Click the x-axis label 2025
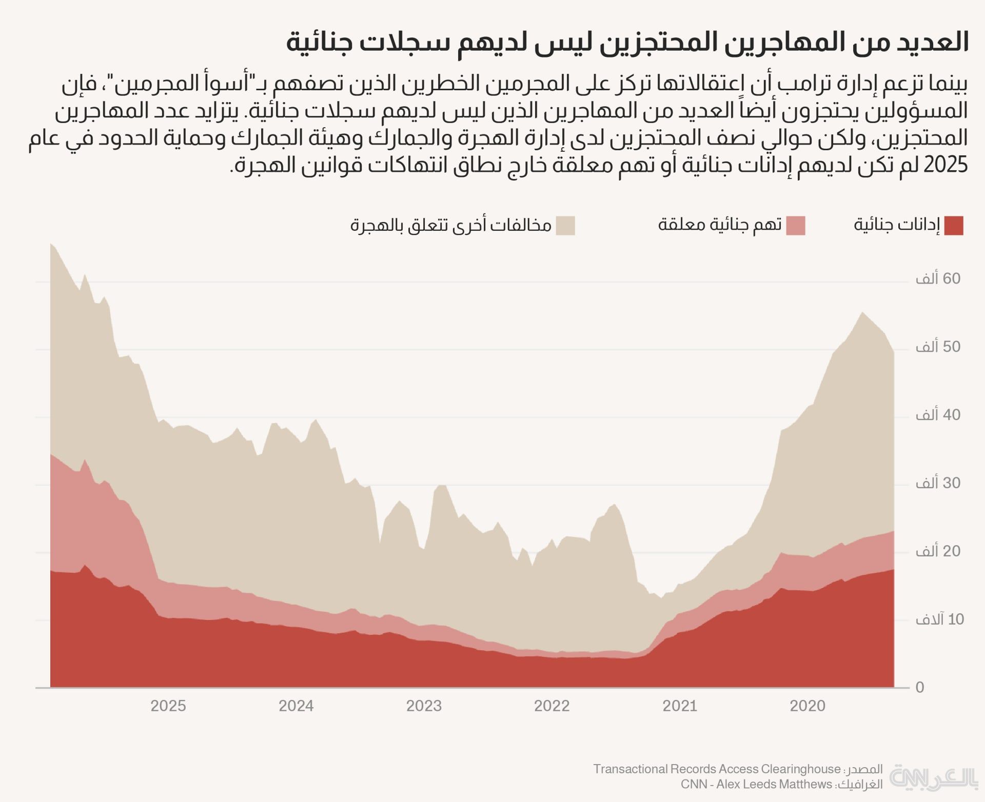(x=168, y=706)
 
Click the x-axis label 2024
(x=296, y=706)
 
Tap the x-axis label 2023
(x=424, y=706)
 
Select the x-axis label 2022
(x=552, y=706)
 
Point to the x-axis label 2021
(x=680, y=706)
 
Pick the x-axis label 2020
(x=807, y=706)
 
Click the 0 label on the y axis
(x=920, y=688)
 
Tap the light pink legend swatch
(x=796, y=226)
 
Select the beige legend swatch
(x=565, y=226)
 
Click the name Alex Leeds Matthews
(x=774, y=785)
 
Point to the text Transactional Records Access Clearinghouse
(x=717, y=769)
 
